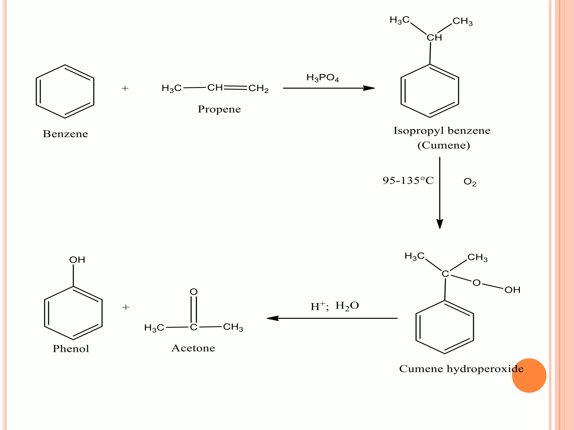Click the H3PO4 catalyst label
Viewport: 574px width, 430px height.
coord(323,78)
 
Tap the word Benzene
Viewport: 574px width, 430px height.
coord(65,134)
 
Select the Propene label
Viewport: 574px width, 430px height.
coord(219,109)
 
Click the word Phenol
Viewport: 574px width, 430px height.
coord(71,349)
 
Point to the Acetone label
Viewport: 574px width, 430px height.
coord(193,348)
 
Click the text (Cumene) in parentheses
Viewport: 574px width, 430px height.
coord(443,145)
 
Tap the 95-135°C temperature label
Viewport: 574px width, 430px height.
coord(408,181)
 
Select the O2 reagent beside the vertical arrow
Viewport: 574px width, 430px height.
coord(470,182)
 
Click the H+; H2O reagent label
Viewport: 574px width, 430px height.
coord(334,306)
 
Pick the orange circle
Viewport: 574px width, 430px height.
coord(529,375)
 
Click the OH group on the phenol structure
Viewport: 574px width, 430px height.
coord(77,260)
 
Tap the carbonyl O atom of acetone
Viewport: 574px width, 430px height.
coord(194,292)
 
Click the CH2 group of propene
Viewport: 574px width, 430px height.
coord(258,89)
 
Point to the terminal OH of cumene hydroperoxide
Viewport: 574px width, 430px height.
coord(512,290)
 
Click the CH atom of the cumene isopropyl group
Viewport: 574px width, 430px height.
coord(434,38)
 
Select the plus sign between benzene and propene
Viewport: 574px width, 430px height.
coord(125,88)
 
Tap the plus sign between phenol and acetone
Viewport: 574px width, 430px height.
coord(126,307)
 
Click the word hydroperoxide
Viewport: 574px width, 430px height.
coord(485,369)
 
